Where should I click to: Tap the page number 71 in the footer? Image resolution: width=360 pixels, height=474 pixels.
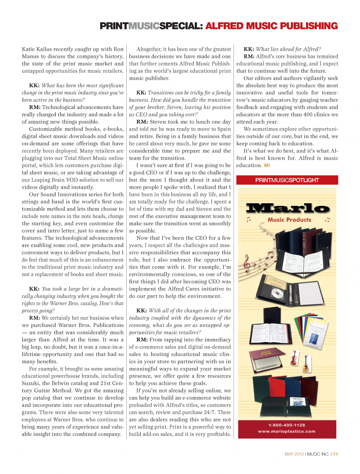[335, 454]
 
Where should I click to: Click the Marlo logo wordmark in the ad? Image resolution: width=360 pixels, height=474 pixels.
[287, 208]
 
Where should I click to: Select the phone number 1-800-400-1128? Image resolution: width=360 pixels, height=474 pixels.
[287, 425]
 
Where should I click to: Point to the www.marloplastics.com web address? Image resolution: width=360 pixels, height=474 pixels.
[287, 432]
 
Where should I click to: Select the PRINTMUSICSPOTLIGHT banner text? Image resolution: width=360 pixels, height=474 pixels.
[287, 180]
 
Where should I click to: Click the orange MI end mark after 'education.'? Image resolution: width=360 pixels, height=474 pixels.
[267, 165]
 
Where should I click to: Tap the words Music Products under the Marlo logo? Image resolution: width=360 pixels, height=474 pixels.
[289, 220]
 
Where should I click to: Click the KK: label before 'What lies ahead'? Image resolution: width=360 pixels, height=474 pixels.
[249, 49]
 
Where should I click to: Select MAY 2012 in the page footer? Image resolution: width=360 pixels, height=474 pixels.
[294, 454]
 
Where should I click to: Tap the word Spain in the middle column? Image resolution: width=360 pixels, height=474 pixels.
[224, 129]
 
